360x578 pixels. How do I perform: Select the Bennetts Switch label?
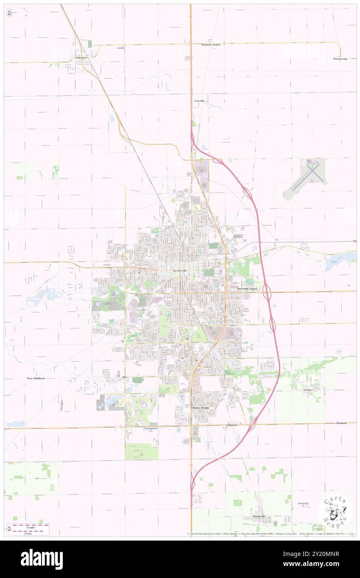(211, 44)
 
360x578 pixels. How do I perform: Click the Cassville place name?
(199, 101)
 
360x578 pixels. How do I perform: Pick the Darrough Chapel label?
(248, 288)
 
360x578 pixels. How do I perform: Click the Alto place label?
(124, 377)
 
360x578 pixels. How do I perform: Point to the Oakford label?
(232, 425)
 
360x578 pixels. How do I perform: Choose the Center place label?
(308, 390)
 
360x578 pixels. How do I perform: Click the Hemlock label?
(341, 423)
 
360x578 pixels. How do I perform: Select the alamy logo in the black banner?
(42, 559)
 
